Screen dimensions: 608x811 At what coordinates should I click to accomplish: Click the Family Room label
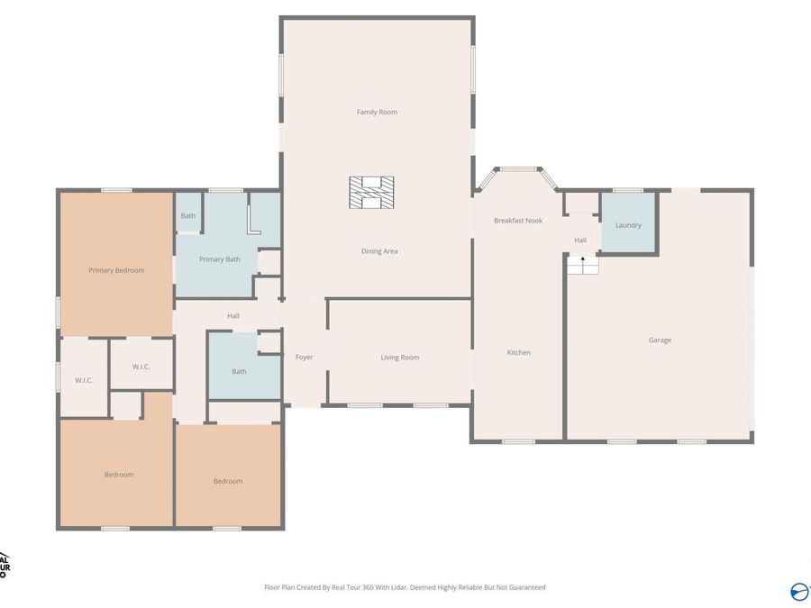pos(377,112)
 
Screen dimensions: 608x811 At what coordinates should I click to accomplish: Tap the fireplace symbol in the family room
pos(372,193)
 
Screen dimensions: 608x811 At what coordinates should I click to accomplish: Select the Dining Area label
pos(379,251)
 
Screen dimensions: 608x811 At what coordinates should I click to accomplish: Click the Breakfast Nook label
pos(518,221)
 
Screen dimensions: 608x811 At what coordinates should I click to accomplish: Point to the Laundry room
pos(628,224)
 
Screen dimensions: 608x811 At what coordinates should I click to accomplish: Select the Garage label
pos(660,340)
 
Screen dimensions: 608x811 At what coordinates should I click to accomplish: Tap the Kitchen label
pos(518,352)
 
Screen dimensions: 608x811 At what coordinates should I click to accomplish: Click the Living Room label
pos(399,358)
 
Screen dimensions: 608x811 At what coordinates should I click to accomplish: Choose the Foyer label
pos(305,358)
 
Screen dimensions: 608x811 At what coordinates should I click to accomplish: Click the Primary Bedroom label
pos(116,270)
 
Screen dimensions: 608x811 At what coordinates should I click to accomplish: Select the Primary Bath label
pos(220,259)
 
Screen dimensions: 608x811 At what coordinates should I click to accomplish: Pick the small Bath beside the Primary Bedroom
pos(187,216)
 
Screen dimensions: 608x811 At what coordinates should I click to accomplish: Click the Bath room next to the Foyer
pos(239,371)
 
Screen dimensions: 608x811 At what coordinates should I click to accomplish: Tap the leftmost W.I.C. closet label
pos(84,380)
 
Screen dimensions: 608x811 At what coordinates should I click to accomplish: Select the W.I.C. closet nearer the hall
pos(141,367)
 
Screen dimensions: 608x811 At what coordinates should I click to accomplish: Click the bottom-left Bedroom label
pos(119,475)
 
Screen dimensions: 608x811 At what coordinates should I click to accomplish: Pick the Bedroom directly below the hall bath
pos(228,481)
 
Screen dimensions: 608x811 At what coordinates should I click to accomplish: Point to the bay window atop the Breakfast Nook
pos(517,168)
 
